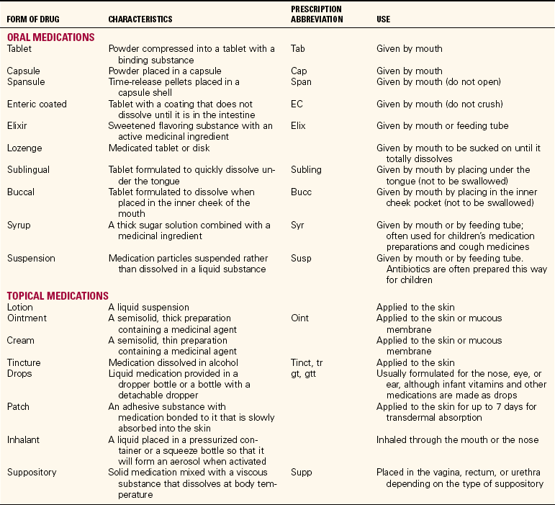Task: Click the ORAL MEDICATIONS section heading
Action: click(50, 37)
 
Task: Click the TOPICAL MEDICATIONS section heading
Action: click(58, 295)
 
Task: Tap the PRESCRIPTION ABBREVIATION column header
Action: click(316, 14)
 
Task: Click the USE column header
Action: click(384, 19)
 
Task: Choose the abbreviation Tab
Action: click(299, 49)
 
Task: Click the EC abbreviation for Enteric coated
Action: click(297, 104)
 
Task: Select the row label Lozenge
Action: click(25, 148)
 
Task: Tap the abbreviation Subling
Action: click(307, 170)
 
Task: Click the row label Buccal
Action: click(22, 192)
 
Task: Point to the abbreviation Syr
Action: click(297, 225)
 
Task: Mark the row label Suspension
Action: click(31, 259)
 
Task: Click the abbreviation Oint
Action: click(300, 318)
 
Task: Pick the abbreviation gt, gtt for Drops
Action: click(305, 373)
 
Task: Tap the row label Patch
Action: click(19, 407)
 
